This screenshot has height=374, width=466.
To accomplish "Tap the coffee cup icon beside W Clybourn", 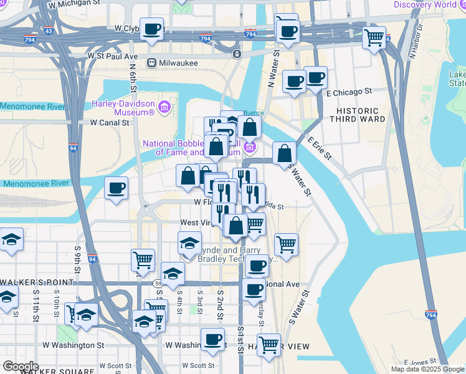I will tap(152, 29).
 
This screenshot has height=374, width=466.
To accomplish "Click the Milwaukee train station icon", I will tap(151, 63).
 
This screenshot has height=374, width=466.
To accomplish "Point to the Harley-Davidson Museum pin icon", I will tap(164, 107).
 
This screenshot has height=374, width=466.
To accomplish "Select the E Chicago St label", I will tap(349, 91).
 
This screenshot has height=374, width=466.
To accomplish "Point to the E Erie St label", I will tap(317, 150).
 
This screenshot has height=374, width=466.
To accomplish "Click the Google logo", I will tap(21, 367).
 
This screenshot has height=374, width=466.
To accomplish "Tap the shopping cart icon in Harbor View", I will tap(269, 344).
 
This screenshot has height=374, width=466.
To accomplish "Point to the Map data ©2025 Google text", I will tap(427, 369).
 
